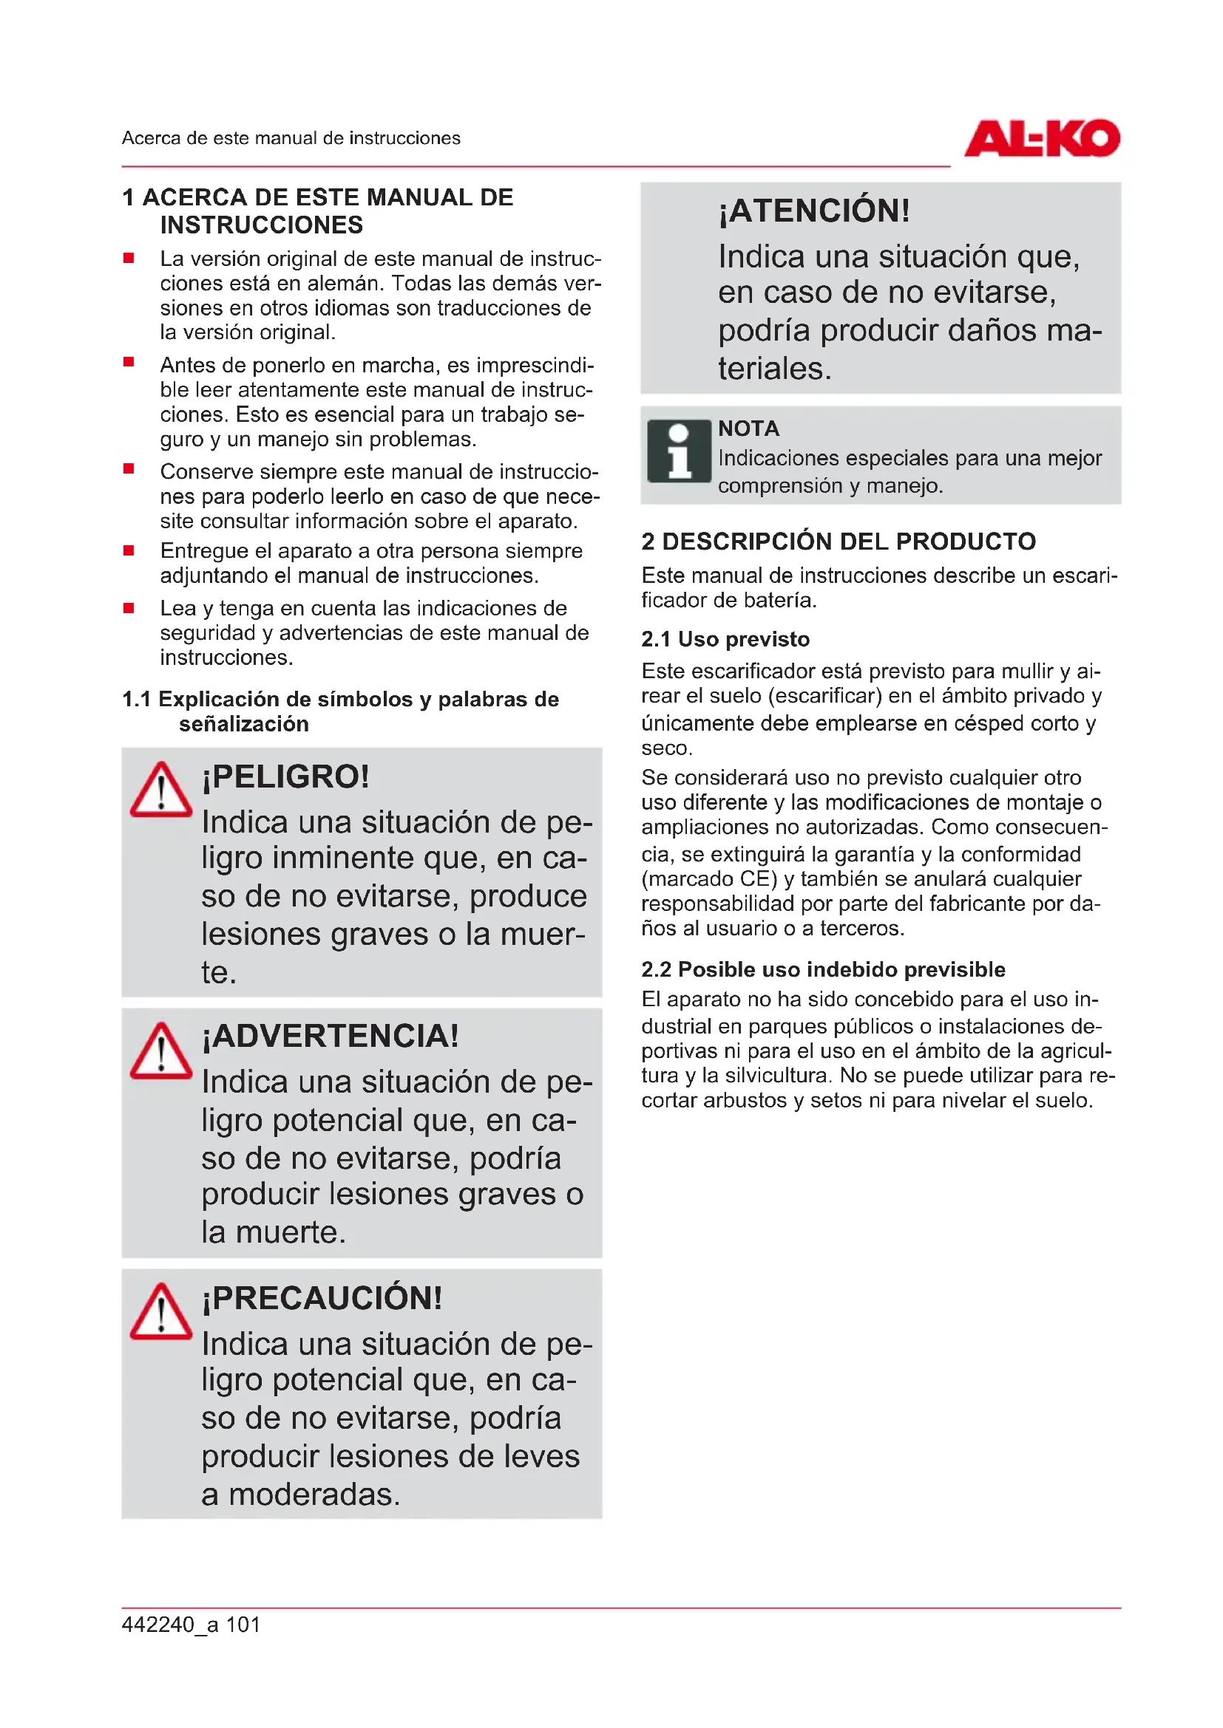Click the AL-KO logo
coord(1042,138)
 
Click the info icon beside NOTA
coord(679,451)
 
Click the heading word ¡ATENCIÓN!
coord(814,211)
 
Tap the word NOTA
coord(748,428)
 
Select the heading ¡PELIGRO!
coord(285,776)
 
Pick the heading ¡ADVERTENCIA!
coord(330,1037)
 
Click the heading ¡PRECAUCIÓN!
coord(322,1297)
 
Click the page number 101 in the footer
coord(243,1624)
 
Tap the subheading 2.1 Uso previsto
coord(725,639)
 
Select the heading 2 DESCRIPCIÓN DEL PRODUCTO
coord(839,541)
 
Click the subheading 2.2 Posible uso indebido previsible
coord(823,969)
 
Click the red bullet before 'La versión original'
coord(129,258)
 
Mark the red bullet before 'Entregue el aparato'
coord(129,550)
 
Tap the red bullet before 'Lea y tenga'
coord(129,607)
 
